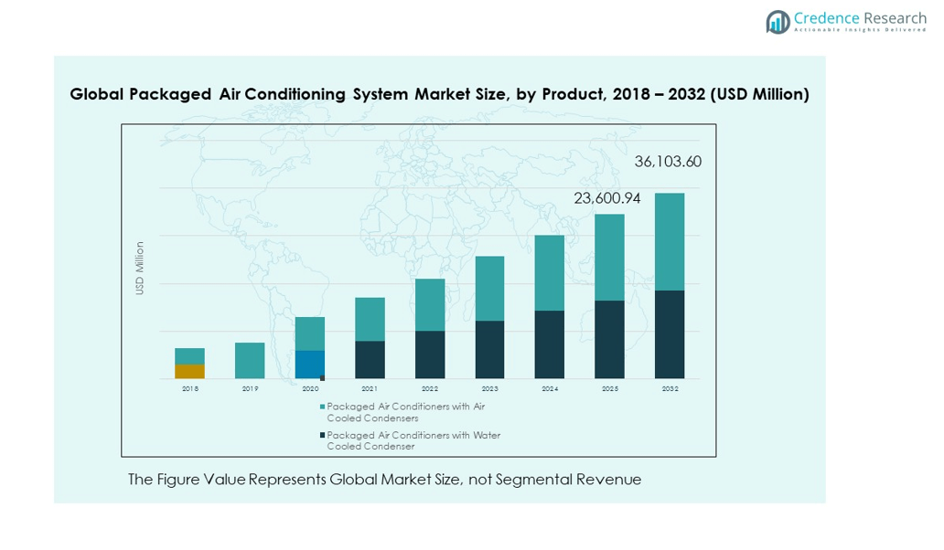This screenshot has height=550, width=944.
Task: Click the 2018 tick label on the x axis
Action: click(x=189, y=388)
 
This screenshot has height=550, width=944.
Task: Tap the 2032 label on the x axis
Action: click(x=670, y=388)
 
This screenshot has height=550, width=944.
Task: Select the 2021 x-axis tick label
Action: click(x=370, y=388)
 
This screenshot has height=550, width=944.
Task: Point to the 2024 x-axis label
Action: click(x=550, y=388)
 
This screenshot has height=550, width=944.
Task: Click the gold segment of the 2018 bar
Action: click(x=189, y=371)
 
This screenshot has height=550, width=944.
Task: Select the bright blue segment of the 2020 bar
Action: click(x=309, y=365)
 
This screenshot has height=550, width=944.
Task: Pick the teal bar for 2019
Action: click(x=250, y=361)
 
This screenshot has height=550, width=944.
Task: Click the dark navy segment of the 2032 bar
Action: click(x=670, y=334)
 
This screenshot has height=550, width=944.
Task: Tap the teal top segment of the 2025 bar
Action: click(x=609, y=258)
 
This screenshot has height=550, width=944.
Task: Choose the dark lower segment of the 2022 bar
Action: click(x=430, y=354)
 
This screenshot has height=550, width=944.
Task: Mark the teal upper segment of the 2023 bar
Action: click(x=489, y=288)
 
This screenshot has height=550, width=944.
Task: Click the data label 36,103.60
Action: click(x=668, y=162)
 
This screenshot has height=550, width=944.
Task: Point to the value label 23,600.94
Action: click(x=607, y=198)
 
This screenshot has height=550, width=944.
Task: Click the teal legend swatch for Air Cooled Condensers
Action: click(x=322, y=407)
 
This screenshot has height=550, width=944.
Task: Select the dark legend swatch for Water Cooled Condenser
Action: click(x=322, y=436)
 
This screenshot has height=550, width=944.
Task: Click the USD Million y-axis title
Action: click(x=140, y=268)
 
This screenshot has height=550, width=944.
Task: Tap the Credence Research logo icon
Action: click(x=778, y=22)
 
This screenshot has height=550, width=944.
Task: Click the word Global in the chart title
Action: click(x=97, y=94)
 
